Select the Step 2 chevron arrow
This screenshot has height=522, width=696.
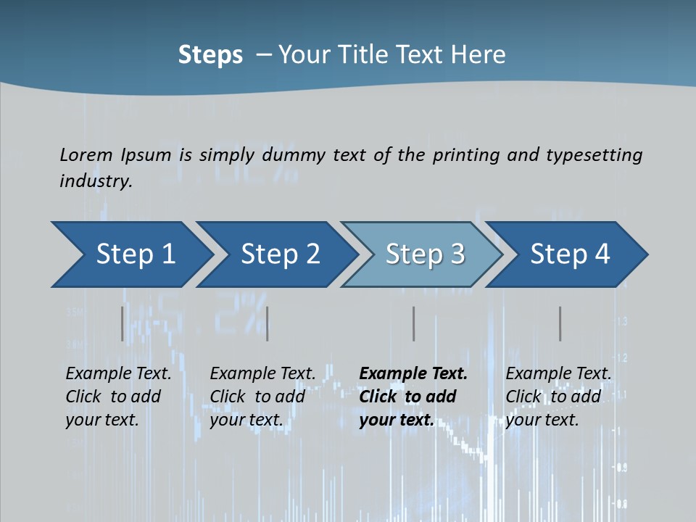(x=280, y=254)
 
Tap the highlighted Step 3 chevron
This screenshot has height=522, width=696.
(x=425, y=254)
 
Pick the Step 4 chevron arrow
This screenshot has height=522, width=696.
(x=570, y=254)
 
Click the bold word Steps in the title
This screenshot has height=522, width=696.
(x=210, y=55)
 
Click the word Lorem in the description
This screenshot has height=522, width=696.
(x=86, y=154)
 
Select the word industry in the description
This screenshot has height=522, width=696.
(x=96, y=181)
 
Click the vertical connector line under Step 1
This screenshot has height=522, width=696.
(x=122, y=323)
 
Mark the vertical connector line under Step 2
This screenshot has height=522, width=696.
(x=268, y=323)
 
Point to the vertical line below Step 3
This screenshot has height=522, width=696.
(x=413, y=323)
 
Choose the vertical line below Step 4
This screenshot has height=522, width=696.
(x=560, y=323)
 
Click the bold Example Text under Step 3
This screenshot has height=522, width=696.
(x=413, y=374)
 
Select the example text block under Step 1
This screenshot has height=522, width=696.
(x=118, y=397)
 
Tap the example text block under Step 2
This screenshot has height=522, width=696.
(x=262, y=397)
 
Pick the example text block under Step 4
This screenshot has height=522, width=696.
(x=558, y=397)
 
